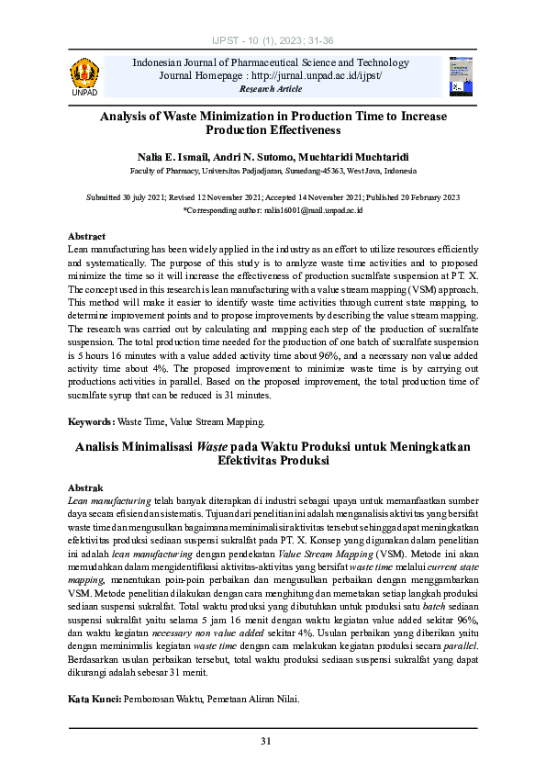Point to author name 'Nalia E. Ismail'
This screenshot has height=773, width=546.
coord(174,158)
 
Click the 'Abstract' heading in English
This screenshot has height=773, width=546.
coord(87,236)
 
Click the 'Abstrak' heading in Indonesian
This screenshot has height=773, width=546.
coord(86,487)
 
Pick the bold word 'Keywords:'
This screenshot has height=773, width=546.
coord(92,421)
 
